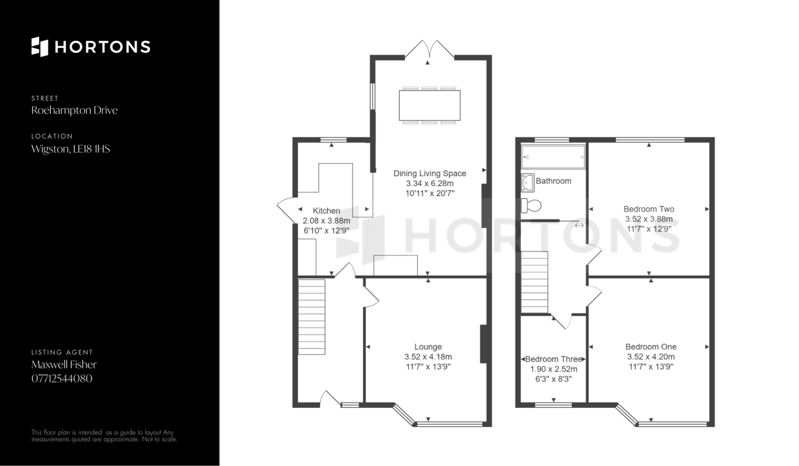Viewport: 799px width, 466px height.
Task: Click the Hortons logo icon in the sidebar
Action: click(x=40, y=47)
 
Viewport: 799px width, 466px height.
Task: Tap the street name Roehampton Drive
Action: click(x=74, y=110)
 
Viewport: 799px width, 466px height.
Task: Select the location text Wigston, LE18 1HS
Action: click(x=71, y=149)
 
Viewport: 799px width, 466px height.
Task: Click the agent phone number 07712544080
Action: click(x=62, y=379)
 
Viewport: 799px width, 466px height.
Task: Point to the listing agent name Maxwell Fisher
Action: click(x=64, y=364)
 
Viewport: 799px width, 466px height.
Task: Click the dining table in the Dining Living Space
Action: click(x=429, y=105)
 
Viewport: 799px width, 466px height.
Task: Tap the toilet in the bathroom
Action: click(x=531, y=205)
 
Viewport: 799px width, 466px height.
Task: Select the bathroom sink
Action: click(x=528, y=183)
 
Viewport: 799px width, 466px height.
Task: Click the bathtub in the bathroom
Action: click(x=553, y=157)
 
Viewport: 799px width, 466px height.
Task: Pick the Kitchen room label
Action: click(x=326, y=211)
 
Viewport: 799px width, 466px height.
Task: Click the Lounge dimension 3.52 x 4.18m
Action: click(x=428, y=357)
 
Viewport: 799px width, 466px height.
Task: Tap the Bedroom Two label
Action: click(x=649, y=209)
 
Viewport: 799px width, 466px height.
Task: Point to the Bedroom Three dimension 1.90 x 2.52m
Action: click(x=553, y=369)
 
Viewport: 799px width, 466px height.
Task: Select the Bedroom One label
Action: click(x=651, y=347)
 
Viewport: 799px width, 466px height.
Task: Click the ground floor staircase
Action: click(x=312, y=317)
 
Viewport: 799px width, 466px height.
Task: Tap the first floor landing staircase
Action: click(x=534, y=282)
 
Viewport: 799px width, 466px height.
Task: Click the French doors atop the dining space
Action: click(x=429, y=49)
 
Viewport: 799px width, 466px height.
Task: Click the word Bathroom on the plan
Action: click(x=553, y=181)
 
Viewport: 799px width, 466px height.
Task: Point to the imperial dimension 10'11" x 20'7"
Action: click(x=430, y=193)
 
